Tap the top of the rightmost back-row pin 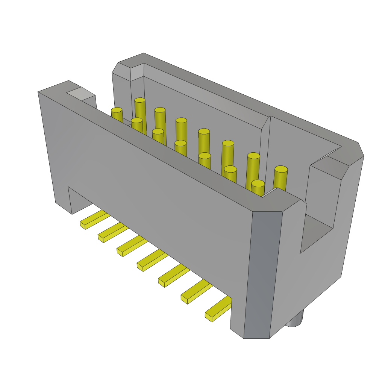point(281,169)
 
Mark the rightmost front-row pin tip point(258,183)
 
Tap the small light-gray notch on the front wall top point(81,94)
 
